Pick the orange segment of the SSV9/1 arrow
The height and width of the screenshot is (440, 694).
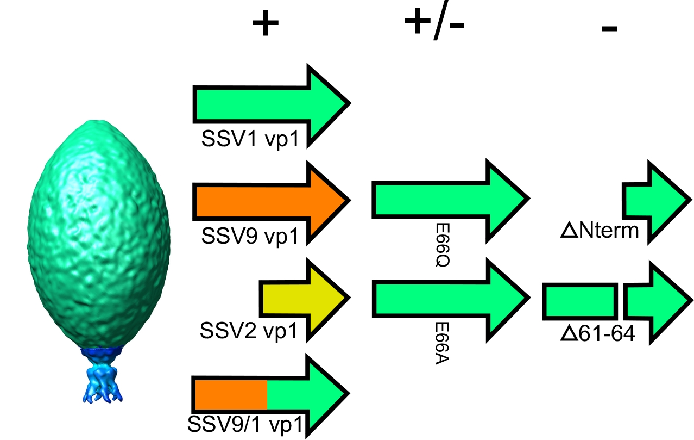pos(230,394)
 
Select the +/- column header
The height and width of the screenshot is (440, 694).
pos(434,24)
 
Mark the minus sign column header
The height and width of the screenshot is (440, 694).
pos(609,28)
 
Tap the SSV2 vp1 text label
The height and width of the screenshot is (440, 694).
pos(249,331)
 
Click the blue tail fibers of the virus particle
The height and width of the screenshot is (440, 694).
pos(103,381)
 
